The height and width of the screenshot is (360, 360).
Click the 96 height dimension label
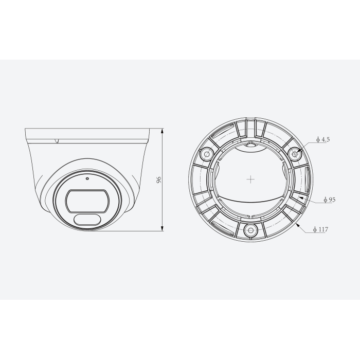pos(159,180)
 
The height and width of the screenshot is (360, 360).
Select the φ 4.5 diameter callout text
pos(322,139)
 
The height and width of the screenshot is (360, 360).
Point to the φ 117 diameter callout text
pos(321,229)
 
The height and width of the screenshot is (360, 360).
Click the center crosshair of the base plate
pos(250,179)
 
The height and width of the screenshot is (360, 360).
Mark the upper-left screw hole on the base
pos(207,153)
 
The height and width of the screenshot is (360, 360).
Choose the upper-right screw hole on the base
pos(295,153)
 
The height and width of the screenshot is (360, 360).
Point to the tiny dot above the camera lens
pos(87,179)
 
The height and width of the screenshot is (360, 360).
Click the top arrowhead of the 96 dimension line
pos(164,130)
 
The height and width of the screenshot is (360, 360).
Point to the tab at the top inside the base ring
pos(250,145)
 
